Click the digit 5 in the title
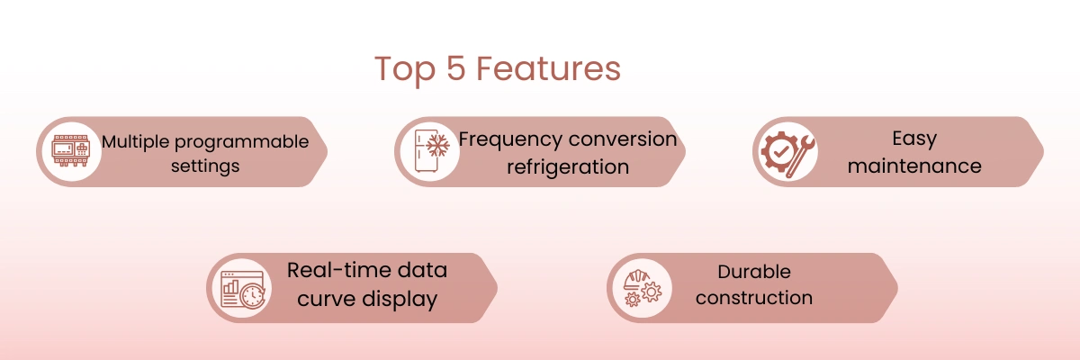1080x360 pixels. point(456,68)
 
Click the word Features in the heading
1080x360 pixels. point(549,68)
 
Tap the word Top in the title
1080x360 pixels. point(406,71)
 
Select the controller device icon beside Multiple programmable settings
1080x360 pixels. point(71,151)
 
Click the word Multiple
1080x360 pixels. point(136,141)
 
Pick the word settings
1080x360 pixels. point(205,166)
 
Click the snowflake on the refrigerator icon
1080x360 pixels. point(437,145)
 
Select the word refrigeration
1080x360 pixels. point(568,167)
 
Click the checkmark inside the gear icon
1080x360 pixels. point(780,152)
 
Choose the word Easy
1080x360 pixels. point(914,139)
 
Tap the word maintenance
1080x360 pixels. point(914,166)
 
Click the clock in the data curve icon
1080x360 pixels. point(253,295)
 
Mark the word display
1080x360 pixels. point(400,300)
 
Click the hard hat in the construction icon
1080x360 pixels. point(636,279)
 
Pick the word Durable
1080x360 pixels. point(754,272)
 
